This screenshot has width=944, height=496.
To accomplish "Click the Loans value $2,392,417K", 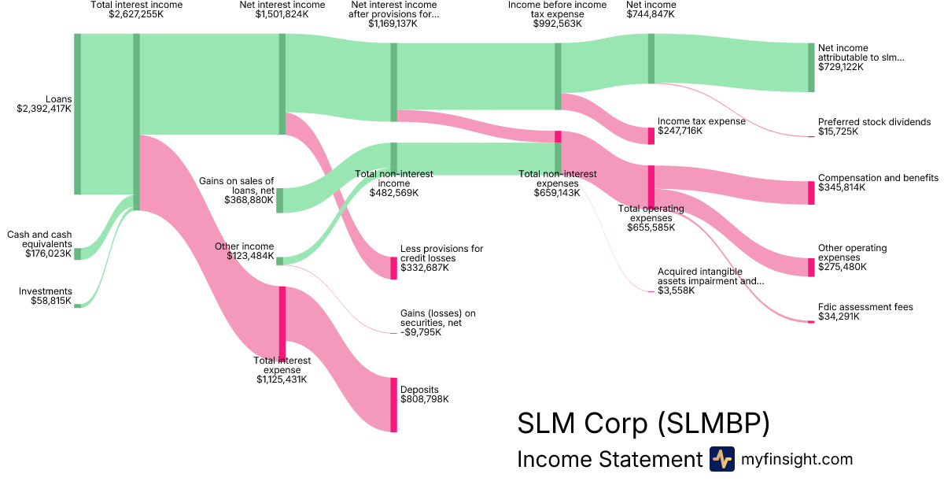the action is (x=44, y=109).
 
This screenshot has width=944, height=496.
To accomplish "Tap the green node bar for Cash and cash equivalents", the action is (x=78, y=254).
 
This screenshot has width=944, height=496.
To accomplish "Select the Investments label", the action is (x=46, y=291).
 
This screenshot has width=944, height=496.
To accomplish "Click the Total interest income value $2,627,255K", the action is (x=137, y=14).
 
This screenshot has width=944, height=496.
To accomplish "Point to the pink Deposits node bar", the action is (x=393, y=405).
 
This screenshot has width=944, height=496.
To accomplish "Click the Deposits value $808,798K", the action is (x=425, y=399).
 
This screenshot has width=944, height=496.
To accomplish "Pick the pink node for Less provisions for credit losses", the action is (x=393, y=268).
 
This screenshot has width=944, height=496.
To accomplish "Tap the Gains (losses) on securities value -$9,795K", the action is (x=421, y=332).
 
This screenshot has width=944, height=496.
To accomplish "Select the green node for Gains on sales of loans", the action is (x=279, y=201).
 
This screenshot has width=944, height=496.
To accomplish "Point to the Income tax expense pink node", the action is (x=651, y=135).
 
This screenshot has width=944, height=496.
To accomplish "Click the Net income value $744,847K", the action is (x=651, y=14).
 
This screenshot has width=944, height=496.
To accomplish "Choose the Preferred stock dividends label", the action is (x=874, y=122).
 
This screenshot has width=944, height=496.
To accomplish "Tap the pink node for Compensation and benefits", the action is (x=811, y=193).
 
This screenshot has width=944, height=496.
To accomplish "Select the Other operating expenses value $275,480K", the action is (x=843, y=267).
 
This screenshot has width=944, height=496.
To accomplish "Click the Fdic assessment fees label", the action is (x=865, y=307).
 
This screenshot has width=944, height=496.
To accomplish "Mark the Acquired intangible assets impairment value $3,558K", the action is (x=677, y=291).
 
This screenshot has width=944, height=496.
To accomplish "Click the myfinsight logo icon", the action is (x=721, y=459).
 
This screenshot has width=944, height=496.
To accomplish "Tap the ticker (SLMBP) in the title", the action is (x=712, y=424).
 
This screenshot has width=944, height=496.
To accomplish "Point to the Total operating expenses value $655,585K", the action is (x=651, y=228).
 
